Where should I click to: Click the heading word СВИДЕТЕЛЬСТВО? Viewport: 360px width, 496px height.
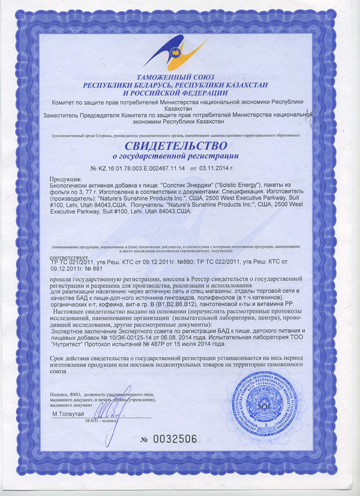(176, 146)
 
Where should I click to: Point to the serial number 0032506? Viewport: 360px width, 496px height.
(175, 439)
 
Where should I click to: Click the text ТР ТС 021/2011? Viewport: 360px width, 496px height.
(74, 264)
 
